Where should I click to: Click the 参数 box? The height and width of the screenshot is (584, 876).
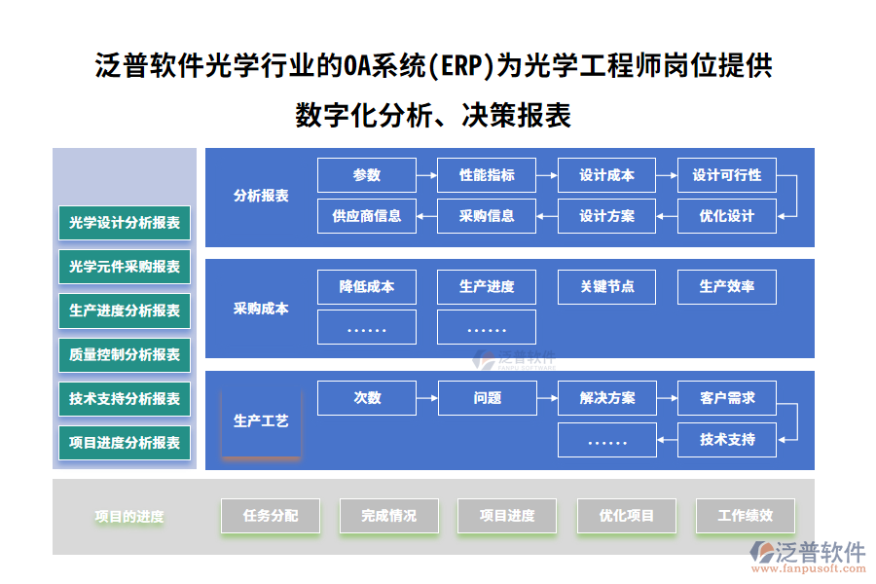367,175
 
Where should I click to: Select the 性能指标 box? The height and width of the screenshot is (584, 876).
487,175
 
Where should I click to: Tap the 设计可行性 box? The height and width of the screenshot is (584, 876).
726,175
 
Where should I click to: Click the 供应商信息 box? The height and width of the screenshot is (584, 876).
367,216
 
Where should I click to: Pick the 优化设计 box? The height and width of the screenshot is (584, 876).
726,216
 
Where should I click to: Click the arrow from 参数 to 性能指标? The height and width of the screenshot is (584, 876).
426,176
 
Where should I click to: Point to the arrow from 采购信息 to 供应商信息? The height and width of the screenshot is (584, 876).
426,216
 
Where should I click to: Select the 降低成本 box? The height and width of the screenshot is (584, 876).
367,287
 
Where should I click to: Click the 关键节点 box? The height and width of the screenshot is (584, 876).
606,287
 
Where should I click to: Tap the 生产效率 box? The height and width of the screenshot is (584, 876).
726,287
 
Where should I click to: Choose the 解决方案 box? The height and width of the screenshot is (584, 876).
606,398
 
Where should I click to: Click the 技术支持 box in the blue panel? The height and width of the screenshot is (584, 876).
726,439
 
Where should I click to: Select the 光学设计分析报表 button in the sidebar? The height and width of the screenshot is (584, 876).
125,223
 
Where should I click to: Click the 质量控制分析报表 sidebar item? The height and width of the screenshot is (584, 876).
125,355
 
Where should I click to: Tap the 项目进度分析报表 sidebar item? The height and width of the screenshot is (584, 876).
125,443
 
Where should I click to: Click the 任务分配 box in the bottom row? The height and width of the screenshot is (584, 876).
271,516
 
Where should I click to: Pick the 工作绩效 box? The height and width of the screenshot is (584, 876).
745,516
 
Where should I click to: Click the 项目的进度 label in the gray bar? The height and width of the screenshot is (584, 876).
129,517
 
